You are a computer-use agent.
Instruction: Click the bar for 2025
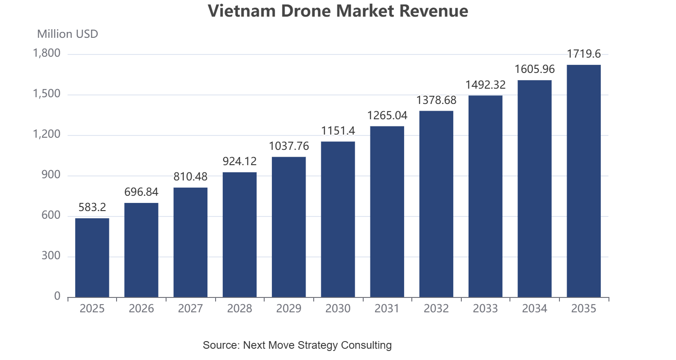92,258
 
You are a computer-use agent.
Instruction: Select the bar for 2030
338,220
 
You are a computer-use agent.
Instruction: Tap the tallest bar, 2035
584,181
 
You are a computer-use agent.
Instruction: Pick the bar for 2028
239,235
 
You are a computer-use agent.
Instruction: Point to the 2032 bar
437,204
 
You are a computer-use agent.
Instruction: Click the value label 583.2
92,207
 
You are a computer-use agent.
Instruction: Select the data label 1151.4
338,130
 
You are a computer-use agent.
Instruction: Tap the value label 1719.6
584,54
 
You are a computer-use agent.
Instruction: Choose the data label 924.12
239,162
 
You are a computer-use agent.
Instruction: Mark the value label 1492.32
485,85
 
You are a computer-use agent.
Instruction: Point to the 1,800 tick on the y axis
46,54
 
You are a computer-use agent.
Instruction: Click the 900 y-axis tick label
51,175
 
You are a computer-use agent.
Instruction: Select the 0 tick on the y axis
57,297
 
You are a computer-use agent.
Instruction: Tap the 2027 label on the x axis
190,308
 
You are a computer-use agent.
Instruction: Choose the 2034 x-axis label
535,308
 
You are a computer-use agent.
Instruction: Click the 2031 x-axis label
387,308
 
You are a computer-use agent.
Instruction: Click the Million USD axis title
68,34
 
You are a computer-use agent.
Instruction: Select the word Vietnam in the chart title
242,11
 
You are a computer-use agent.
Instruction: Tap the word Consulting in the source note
366,345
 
